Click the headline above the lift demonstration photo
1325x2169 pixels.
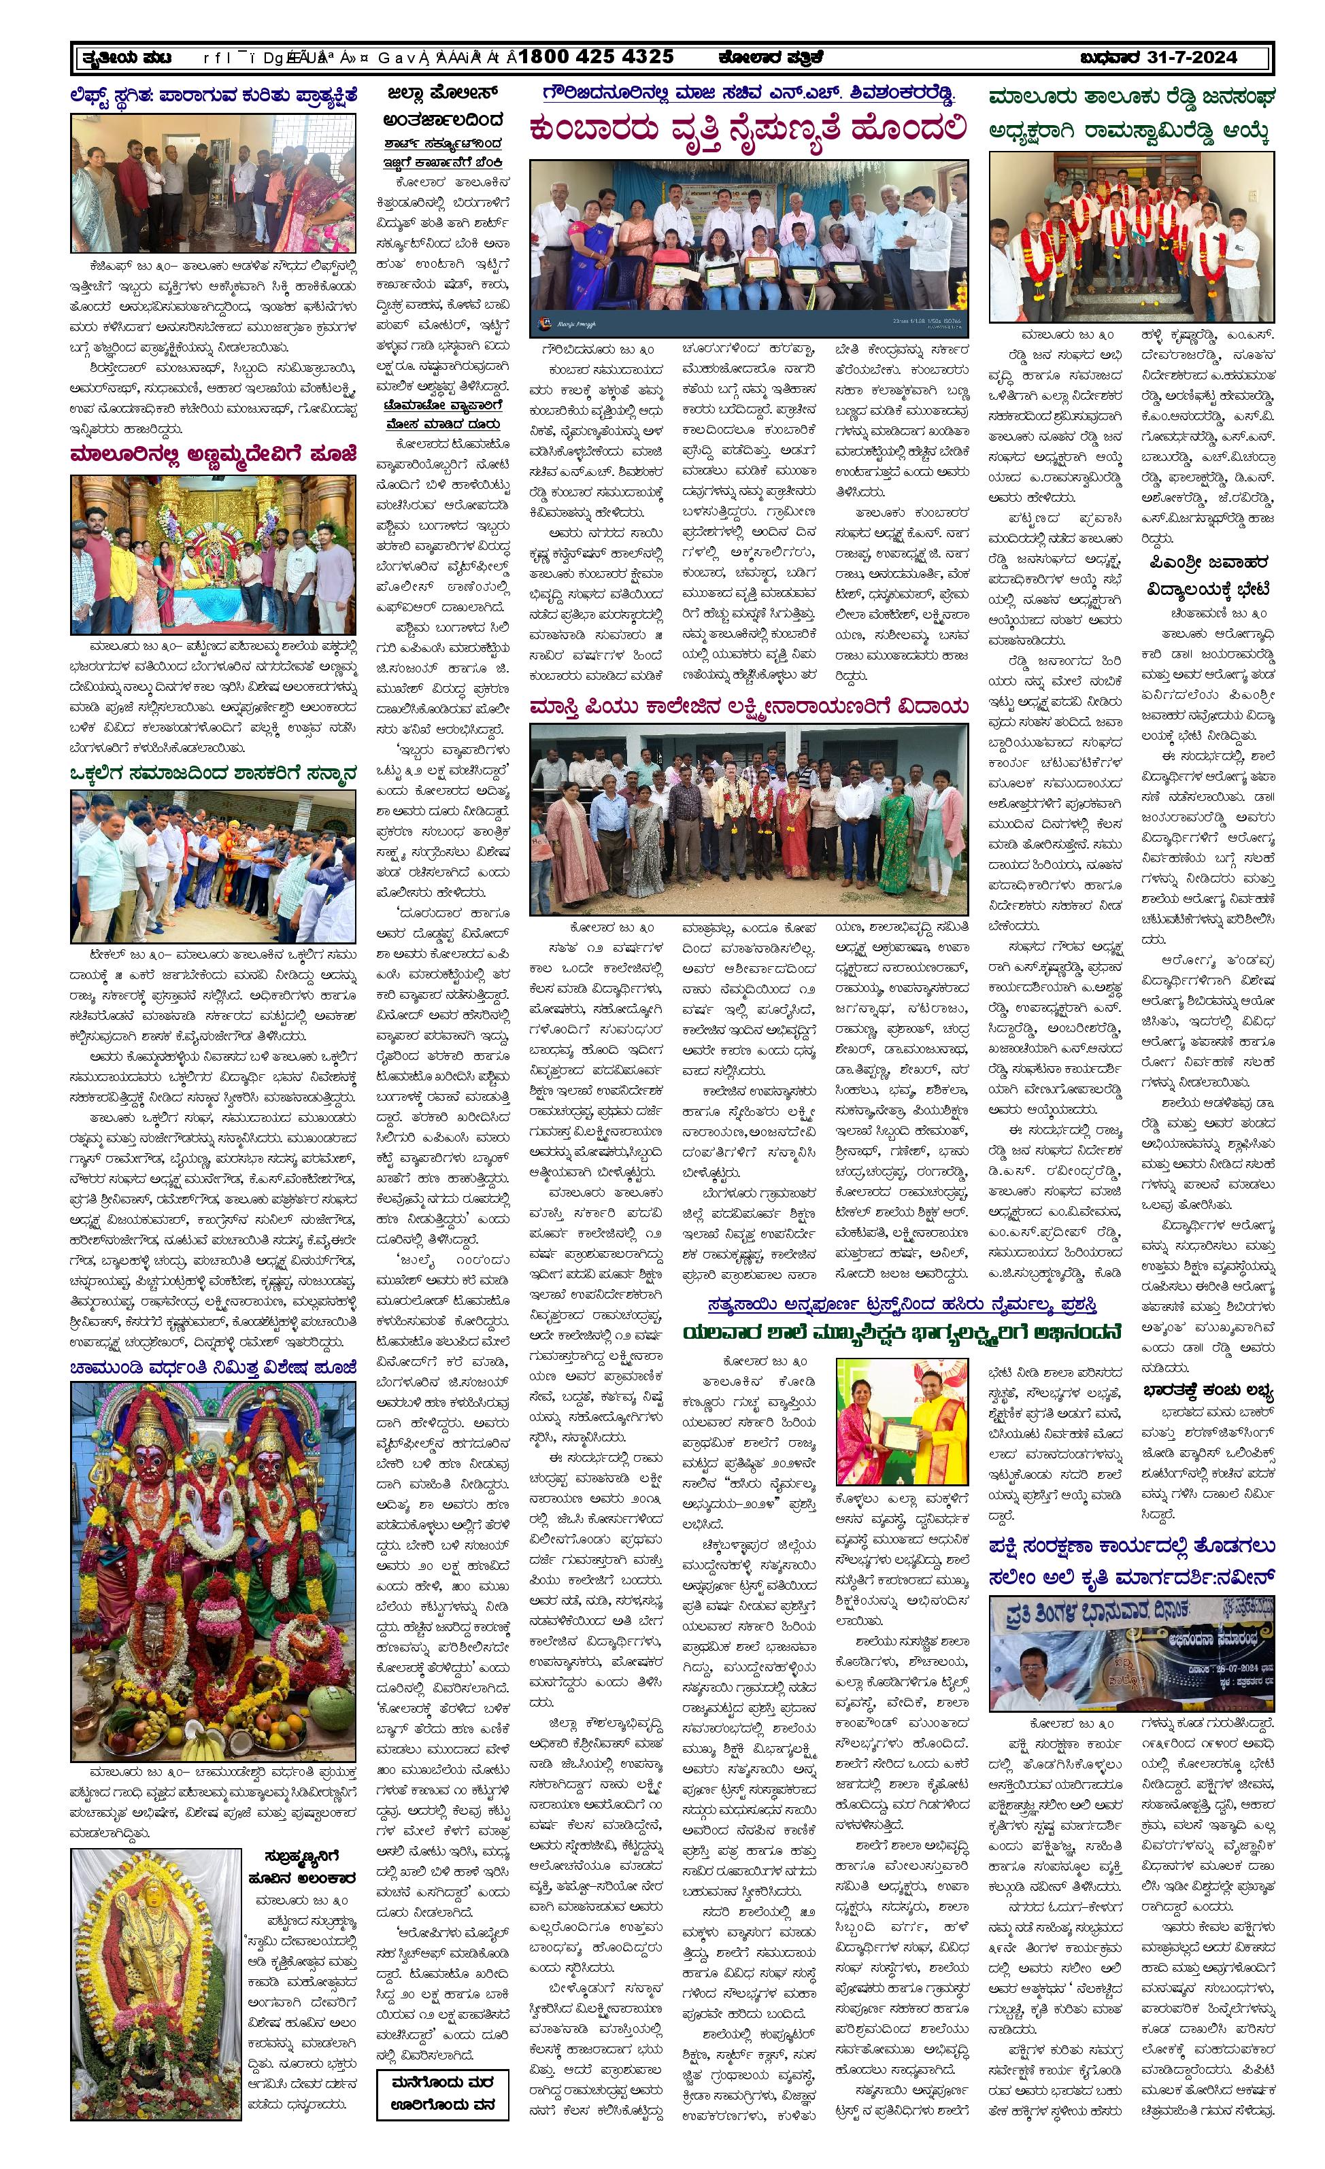(214, 95)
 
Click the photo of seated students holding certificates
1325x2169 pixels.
(748, 248)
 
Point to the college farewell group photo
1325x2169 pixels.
(748, 819)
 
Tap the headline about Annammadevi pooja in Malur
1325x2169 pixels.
(214, 455)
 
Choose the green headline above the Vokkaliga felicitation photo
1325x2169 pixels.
(214, 773)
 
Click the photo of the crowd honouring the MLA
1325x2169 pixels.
(214, 866)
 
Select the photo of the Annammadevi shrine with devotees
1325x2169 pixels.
(214, 555)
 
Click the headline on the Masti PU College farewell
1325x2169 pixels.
(748, 707)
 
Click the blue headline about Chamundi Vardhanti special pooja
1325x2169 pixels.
(214, 1367)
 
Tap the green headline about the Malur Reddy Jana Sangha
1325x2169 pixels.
(1131, 114)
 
